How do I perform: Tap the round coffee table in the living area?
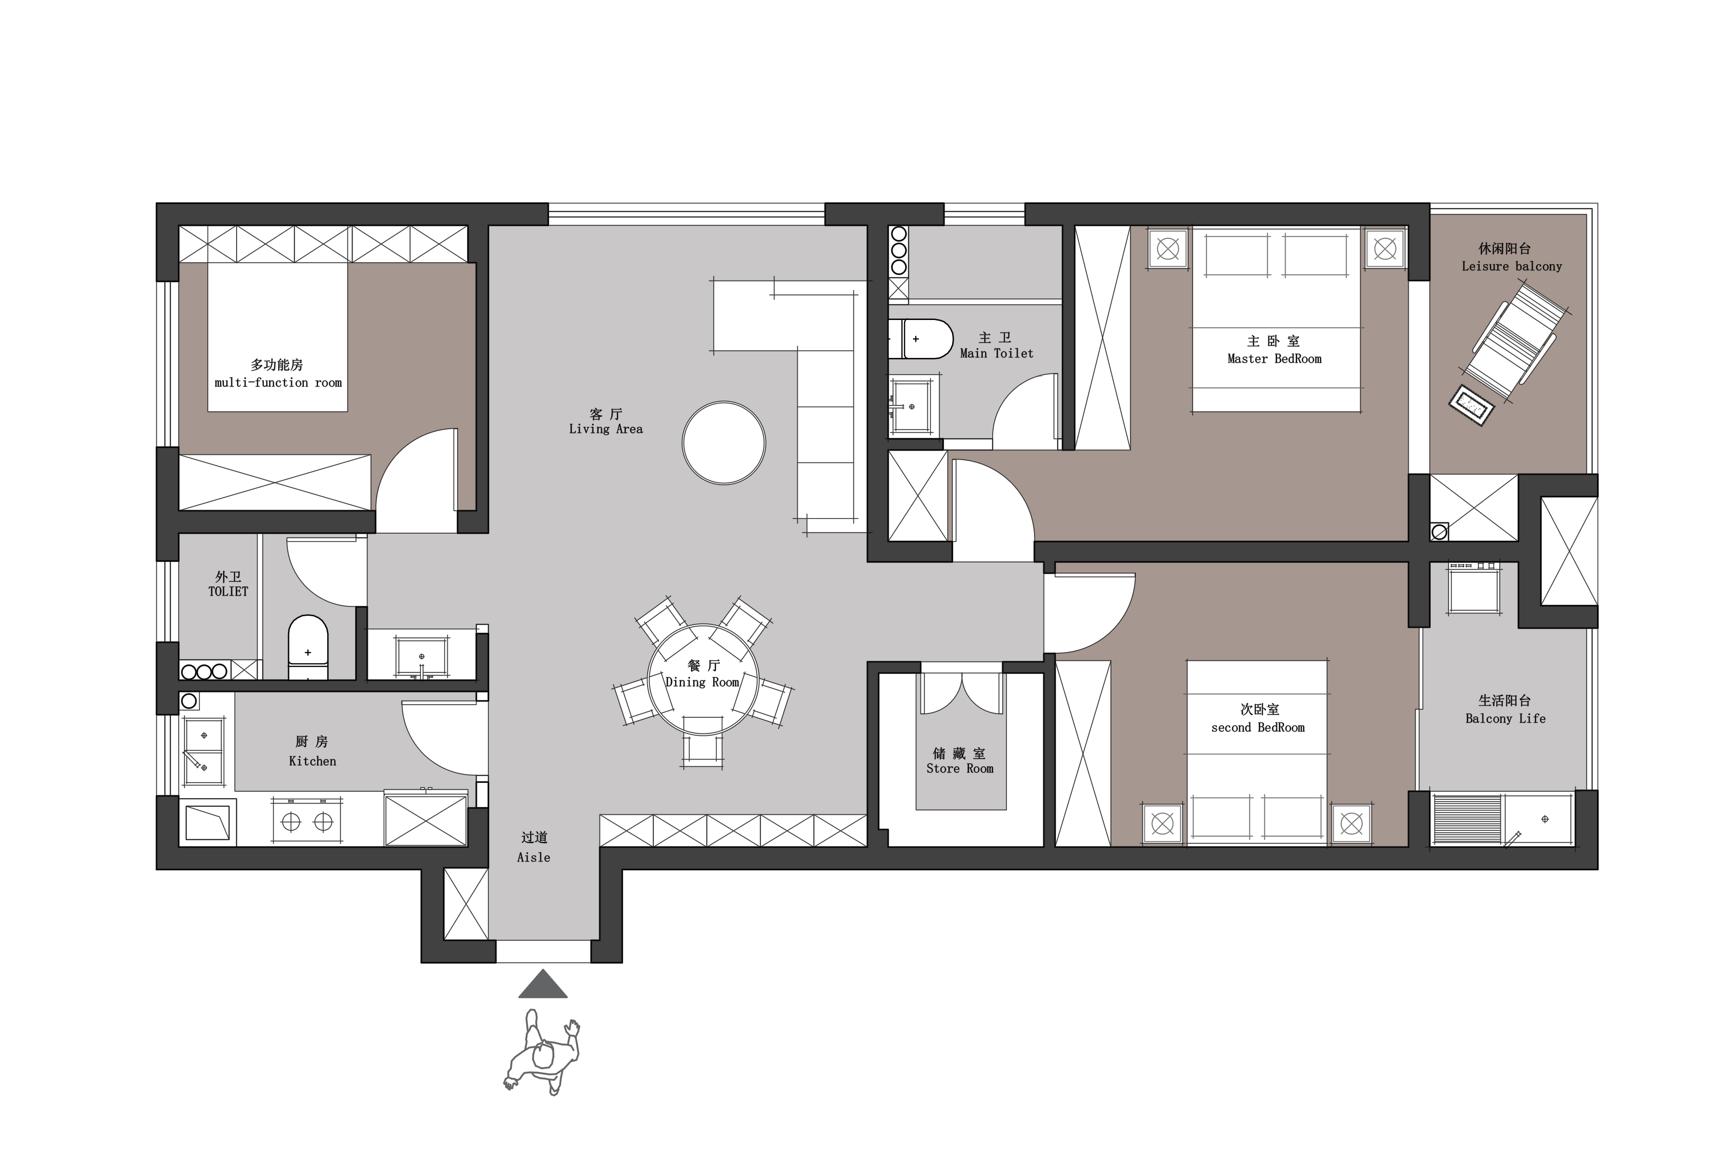click(724, 443)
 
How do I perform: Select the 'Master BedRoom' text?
click(1274, 359)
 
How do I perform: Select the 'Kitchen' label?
click(313, 761)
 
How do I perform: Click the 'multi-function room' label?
click(278, 383)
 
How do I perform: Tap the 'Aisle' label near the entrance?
click(534, 857)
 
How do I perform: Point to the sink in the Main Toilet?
click(913, 406)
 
